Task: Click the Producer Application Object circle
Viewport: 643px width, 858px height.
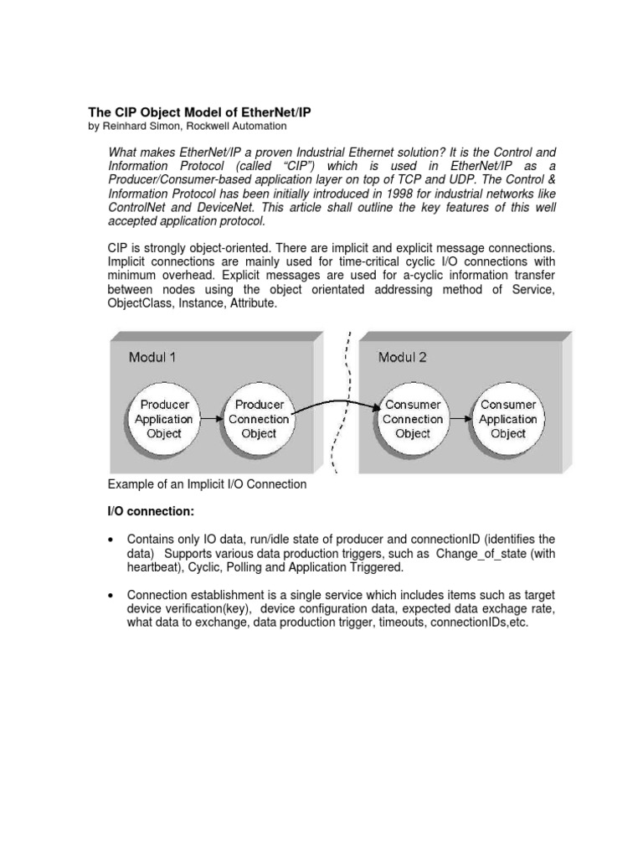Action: click(x=164, y=419)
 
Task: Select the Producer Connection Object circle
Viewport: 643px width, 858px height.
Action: click(x=259, y=419)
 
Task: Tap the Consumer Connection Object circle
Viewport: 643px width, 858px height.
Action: click(x=412, y=419)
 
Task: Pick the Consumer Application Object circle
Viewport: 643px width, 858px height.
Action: click(x=508, y=419)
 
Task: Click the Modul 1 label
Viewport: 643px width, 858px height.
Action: click(x=152, y=358)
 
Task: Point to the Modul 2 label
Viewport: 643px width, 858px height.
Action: click(x=402, y=358)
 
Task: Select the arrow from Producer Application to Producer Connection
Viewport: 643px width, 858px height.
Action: click(x=212, y=418)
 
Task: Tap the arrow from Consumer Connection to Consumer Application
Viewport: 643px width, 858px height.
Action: click(x=460, y=418)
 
